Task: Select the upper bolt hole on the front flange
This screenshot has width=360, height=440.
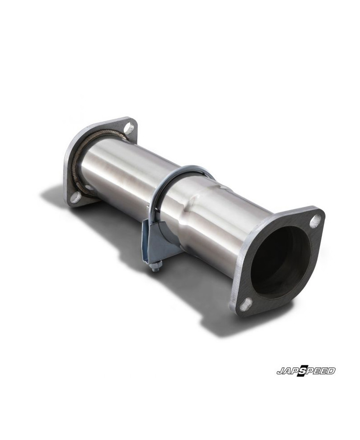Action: point(315,220)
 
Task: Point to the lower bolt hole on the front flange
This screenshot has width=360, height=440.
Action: point(245,305)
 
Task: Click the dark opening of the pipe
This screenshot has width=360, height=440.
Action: point(279,261)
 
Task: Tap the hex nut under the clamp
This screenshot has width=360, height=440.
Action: point(157,267)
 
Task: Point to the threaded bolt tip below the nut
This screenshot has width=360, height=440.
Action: point(154,271)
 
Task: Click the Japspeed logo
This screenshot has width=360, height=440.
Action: point(306,371)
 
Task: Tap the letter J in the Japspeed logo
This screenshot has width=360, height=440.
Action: point(280,372)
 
